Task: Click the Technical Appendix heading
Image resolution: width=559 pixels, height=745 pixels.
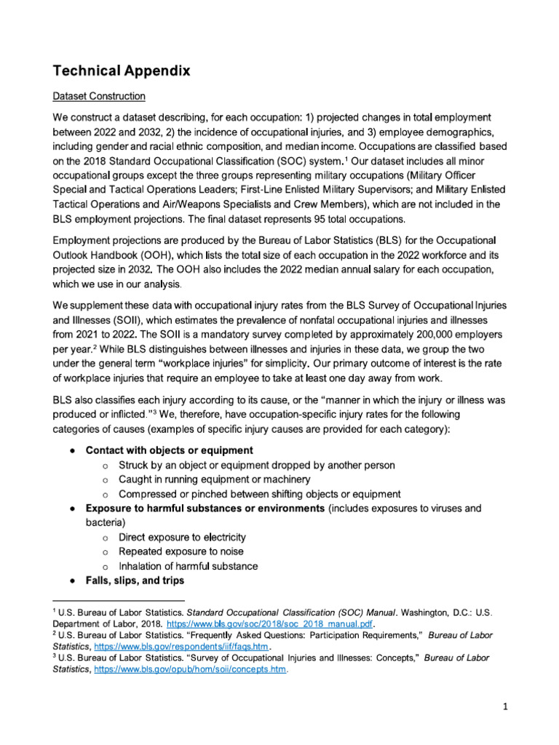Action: click(121, 71)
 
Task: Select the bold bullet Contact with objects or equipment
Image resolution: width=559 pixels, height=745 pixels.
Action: click(169, 450)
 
